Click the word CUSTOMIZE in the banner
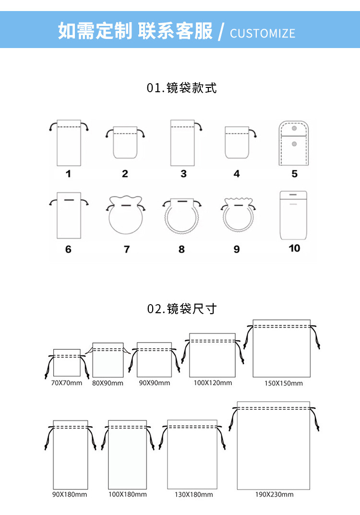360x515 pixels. pyautogui.click(x=262, y=33)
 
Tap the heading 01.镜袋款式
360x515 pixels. pyautogui.click(x=181, y=88)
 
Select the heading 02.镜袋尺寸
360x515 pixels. pyautogui.click(x=181, y=308)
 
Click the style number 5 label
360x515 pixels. pyautogui.click(x=294, y=173)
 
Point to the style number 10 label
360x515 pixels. pyautogui.click(x=294, y=248)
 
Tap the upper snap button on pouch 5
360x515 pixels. pyautogui.click(x=294, y=128)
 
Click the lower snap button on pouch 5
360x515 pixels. pyautogui.click(x=294, y=144)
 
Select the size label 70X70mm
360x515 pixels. pyautogui.click(x=67, y=383)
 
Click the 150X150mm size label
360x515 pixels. pyautogui.click(x=284, y=383)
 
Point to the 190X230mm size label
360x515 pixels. pyautogui.click(x=274, y=494)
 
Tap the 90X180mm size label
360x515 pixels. pyautogui.click(x=70, y=494)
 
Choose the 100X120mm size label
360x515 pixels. pyautogui.click(x=213, y=383)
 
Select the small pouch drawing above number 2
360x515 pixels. pyautogui.click(x=125, y=142)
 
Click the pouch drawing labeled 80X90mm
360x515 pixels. pyautogui.click(x=108, y=360)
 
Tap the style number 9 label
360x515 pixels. pyautogui.click(x=237, y=249)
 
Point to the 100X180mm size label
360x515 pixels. pyautogui.click(x=128, y=494)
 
